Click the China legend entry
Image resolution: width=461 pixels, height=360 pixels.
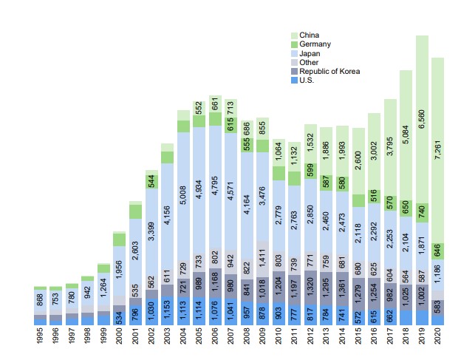[x=309, y=35]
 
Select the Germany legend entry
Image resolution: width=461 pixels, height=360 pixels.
[x=314, y=44]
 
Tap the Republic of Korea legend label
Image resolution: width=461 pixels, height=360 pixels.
[x=329, y=71]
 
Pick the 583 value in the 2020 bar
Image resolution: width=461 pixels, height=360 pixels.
[x=438, y=306]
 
